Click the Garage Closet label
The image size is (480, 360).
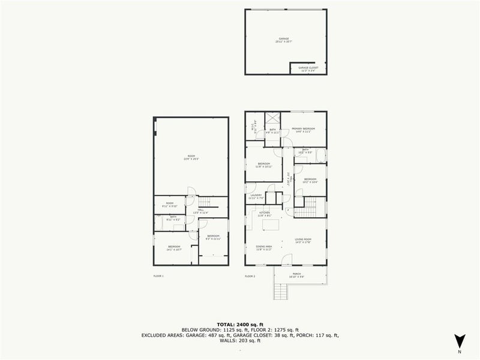(x=308, y=69)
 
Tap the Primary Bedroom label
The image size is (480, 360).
(x=304, y=130)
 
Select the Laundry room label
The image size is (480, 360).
(x=256, y=197)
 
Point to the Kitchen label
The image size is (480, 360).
(x=264, y=213)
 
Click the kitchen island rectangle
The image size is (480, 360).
(x=273, y=225)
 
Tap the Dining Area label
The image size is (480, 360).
(x=265, y=247)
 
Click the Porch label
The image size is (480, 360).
(x=296, y=276)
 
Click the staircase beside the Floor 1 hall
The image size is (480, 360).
(x=206, y=202)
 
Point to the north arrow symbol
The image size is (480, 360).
(x=460, y=340)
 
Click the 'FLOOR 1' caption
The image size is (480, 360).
(x=158, y=276)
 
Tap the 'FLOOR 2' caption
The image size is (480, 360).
(x=250, y=276)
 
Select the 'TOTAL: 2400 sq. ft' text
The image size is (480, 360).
(x=240, y=323)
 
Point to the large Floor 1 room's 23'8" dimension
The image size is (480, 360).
(x=191, y=158)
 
